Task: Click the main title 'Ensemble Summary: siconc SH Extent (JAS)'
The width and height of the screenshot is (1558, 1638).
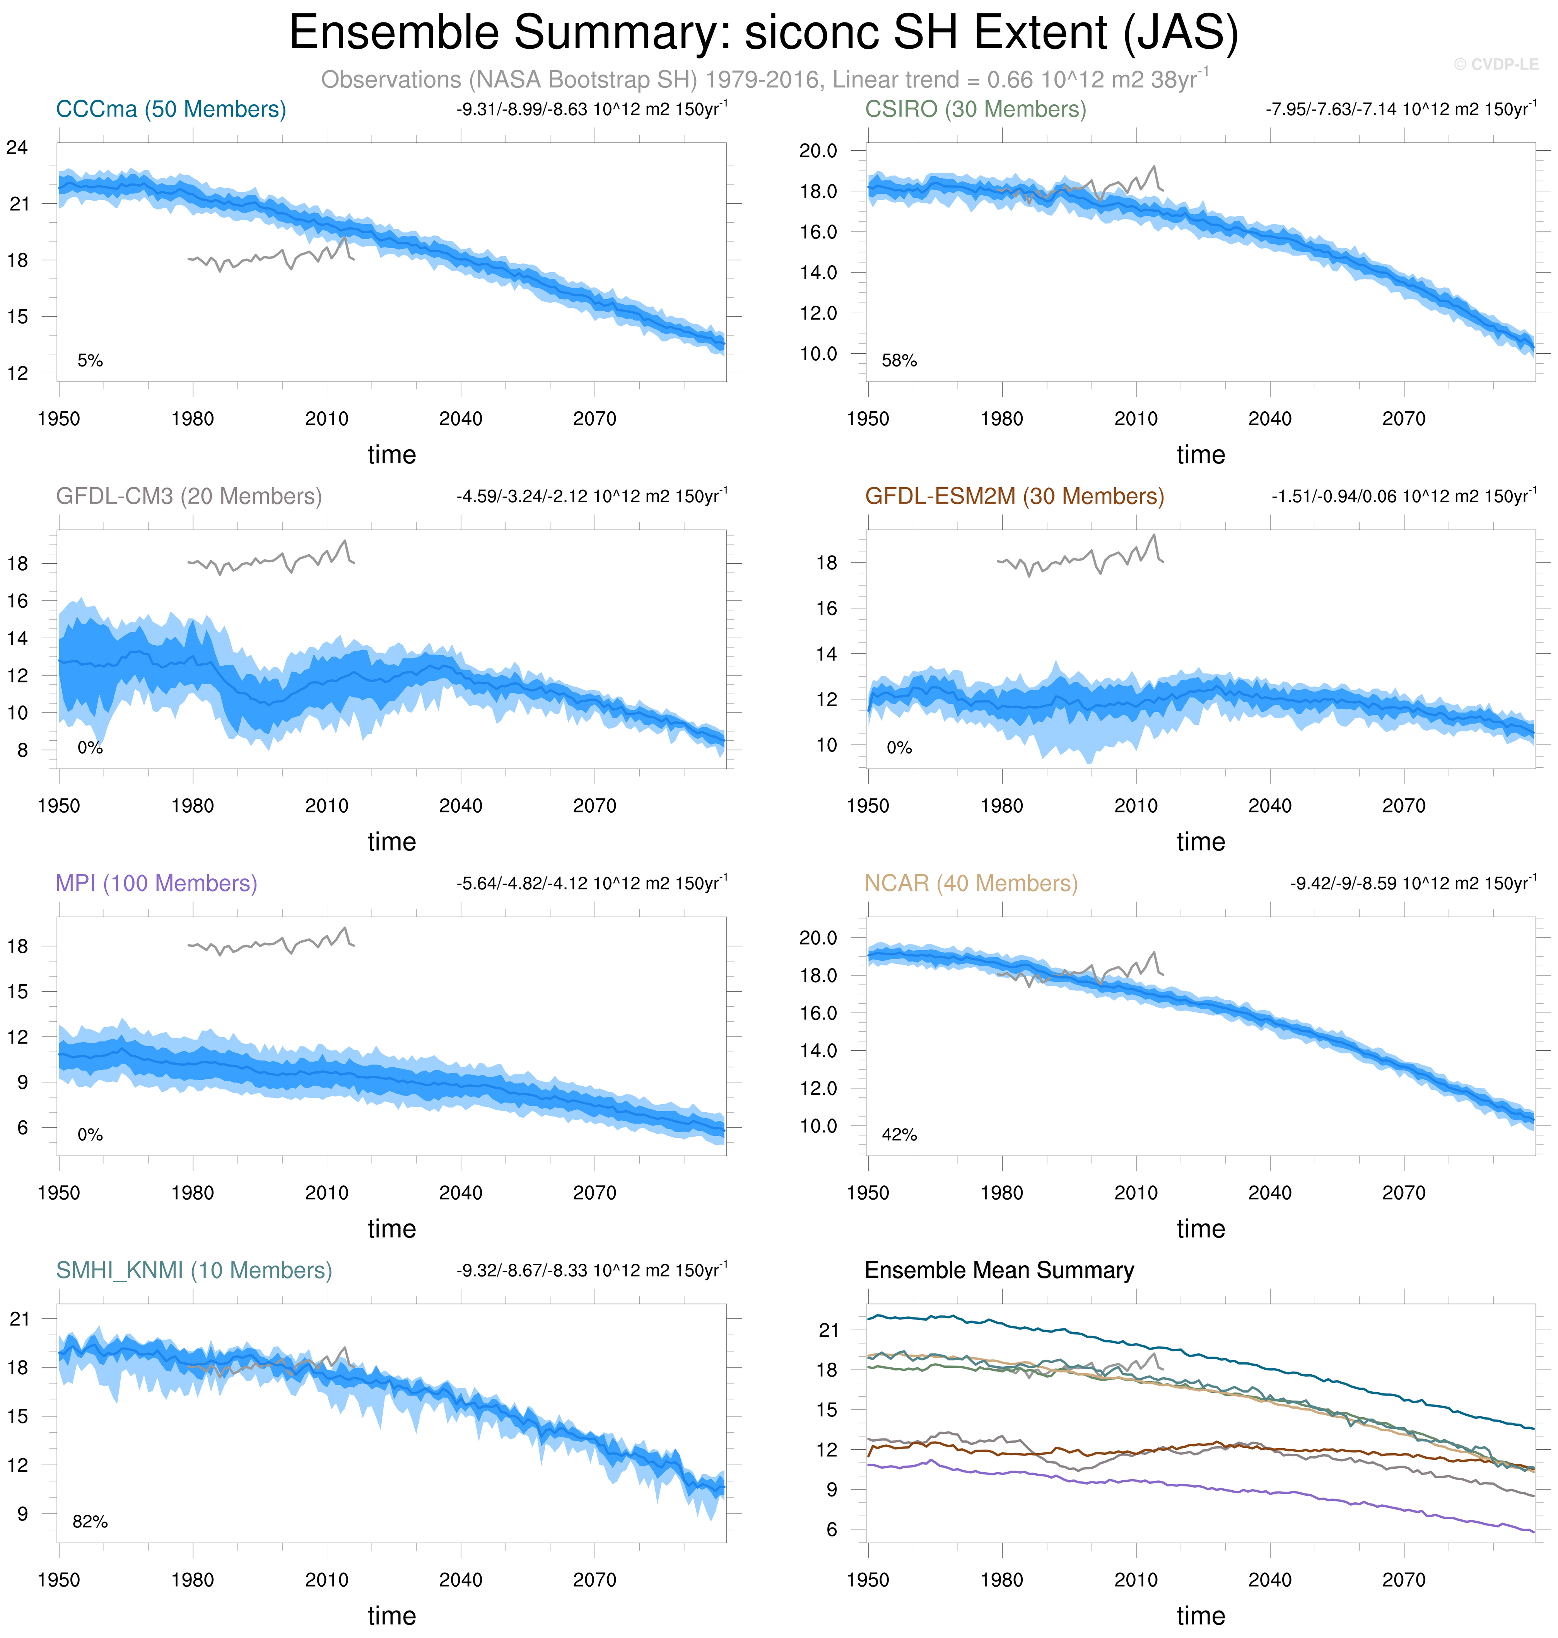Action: pos(763,33)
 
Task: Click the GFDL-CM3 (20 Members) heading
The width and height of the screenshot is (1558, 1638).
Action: pos(188,496)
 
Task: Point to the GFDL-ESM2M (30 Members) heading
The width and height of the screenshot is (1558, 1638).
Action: pos(1014,496)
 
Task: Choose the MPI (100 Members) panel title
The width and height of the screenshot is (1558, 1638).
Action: pos(156,883)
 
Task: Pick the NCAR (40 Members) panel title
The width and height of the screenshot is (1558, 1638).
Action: pos(971,883)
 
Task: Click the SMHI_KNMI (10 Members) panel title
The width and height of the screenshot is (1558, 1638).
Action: pos(193,1270)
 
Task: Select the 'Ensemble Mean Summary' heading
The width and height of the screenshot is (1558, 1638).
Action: pos(999,1270)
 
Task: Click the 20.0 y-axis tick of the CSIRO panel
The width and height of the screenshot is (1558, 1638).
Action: pos(818,151)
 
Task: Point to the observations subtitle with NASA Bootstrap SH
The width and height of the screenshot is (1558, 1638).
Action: pos(764,80)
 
